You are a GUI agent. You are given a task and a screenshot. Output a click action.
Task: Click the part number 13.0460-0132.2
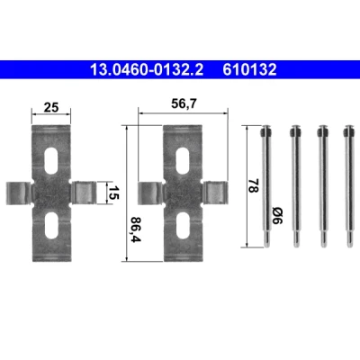[x=147, y=69]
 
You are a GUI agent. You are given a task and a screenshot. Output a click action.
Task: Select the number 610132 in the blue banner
[x=249, y=69]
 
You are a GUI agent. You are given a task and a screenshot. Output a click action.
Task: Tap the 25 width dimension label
[x=51, y=107]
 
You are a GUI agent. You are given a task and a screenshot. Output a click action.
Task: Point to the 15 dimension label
[x=113, y=192]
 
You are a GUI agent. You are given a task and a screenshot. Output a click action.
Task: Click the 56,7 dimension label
[x=184, y=104]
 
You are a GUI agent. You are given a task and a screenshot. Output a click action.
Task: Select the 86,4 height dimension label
[x=136, y=229]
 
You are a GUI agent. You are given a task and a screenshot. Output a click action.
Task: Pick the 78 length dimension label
[x=253, y=186]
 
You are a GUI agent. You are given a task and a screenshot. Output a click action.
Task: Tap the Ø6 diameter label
[x=277, y=216]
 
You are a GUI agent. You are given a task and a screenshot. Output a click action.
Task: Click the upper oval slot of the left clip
[x=51, y=160]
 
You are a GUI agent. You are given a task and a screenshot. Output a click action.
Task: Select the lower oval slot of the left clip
[x=51, y=225]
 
